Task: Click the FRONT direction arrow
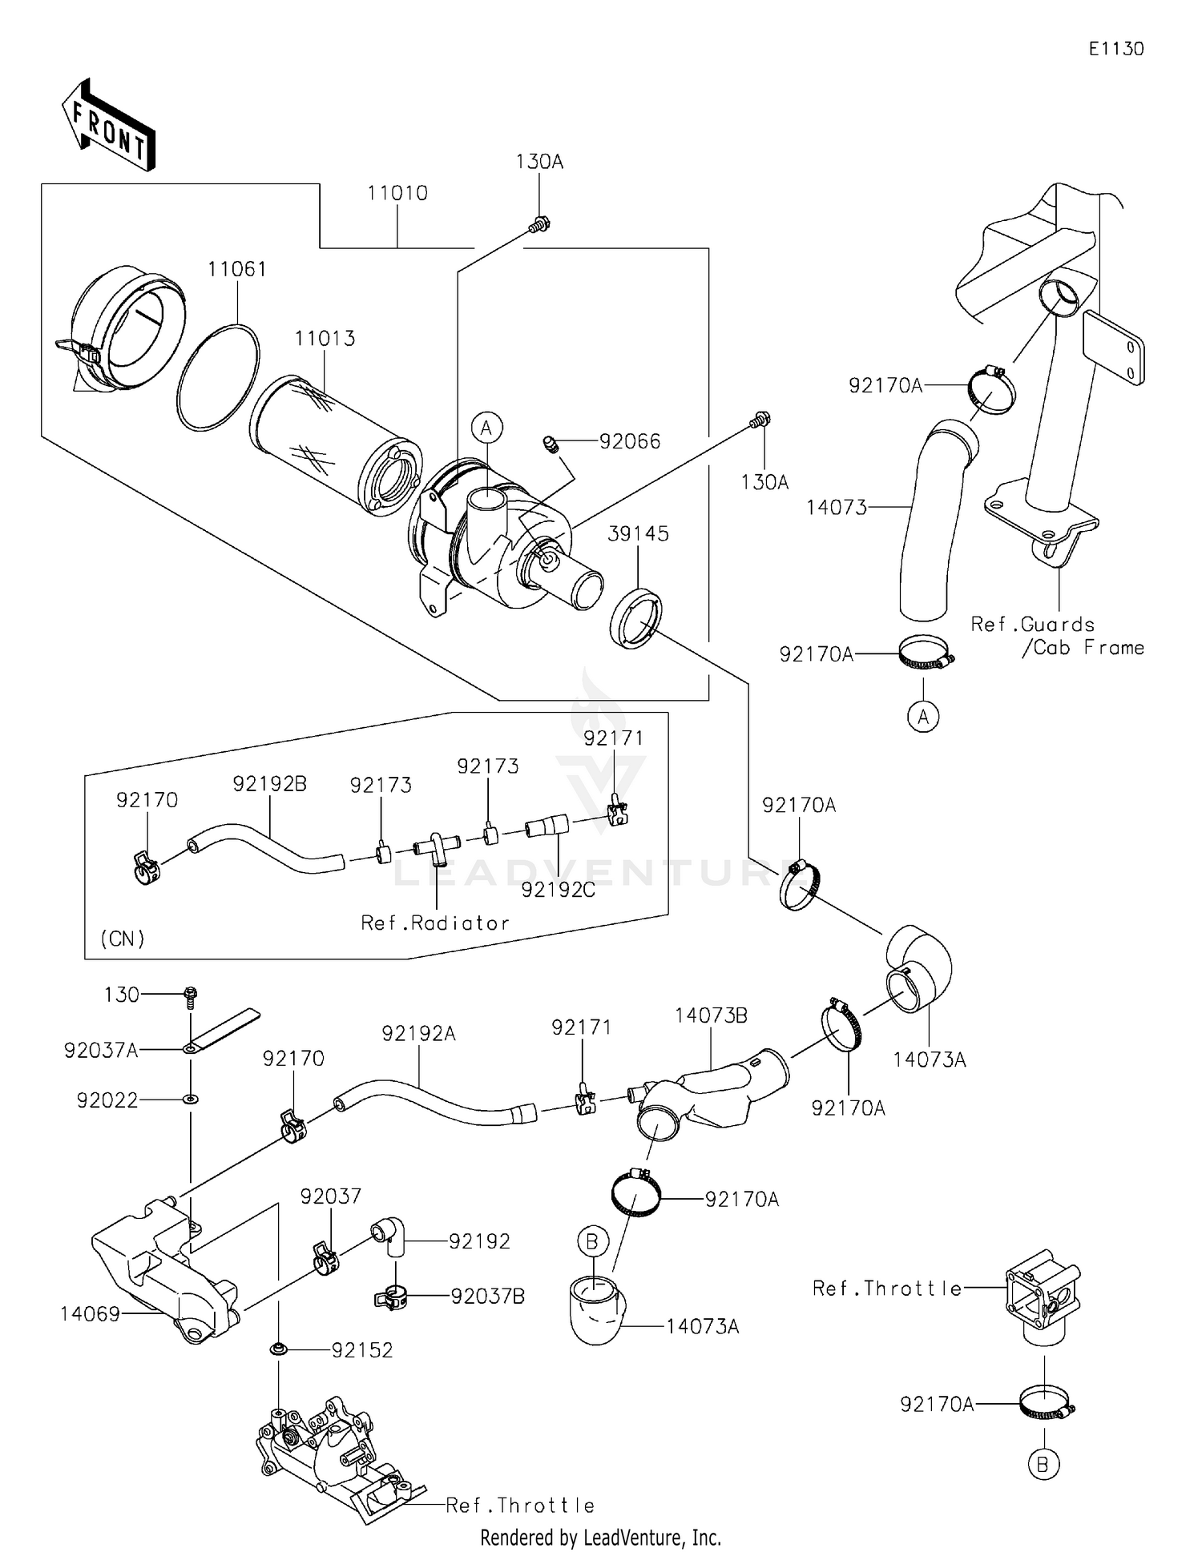coord(108,125)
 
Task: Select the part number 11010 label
coord(397,194)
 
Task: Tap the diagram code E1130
coord(1115,49)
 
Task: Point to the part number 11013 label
coord(325,339)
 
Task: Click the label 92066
coord(630,442)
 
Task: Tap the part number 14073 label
coord(837,508)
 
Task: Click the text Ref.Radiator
coord(435,923)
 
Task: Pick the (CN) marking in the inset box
coord(123,939)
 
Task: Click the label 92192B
coord(270,784)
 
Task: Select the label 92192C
coord(558,890)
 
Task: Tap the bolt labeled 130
coord(191,995)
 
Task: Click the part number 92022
coord(107,1100)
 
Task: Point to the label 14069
coord(90,1314)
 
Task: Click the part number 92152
coord(362,1350)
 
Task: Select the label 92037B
coord(487,1297)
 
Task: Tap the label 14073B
coord(711,1015)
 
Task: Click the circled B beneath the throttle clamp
coord(1043,1465)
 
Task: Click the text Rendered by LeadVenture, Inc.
coord(600,1538)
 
